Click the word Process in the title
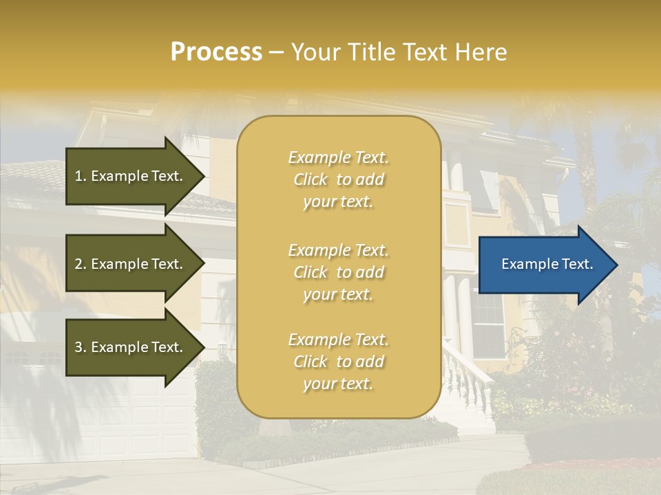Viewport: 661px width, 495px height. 216,52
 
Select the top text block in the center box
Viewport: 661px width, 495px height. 338,179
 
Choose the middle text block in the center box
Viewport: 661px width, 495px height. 338,272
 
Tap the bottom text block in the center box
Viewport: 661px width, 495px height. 338,362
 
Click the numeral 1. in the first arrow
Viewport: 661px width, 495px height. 80,176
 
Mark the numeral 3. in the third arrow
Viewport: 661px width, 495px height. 80,348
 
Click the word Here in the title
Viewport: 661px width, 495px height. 482,52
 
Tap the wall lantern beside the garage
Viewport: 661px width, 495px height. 222,353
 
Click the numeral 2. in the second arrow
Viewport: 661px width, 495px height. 80,264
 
